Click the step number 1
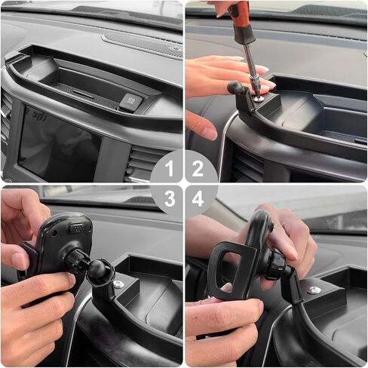[x=170, y=169]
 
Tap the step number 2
[x=198, y=169]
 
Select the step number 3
[x=170, y=198]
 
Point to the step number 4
[x=198, y=198]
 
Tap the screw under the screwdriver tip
[x=259, y=98]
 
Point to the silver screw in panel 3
[x=118, y=284]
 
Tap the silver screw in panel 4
[x=314, y=290]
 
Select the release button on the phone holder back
[x=78, y=228]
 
